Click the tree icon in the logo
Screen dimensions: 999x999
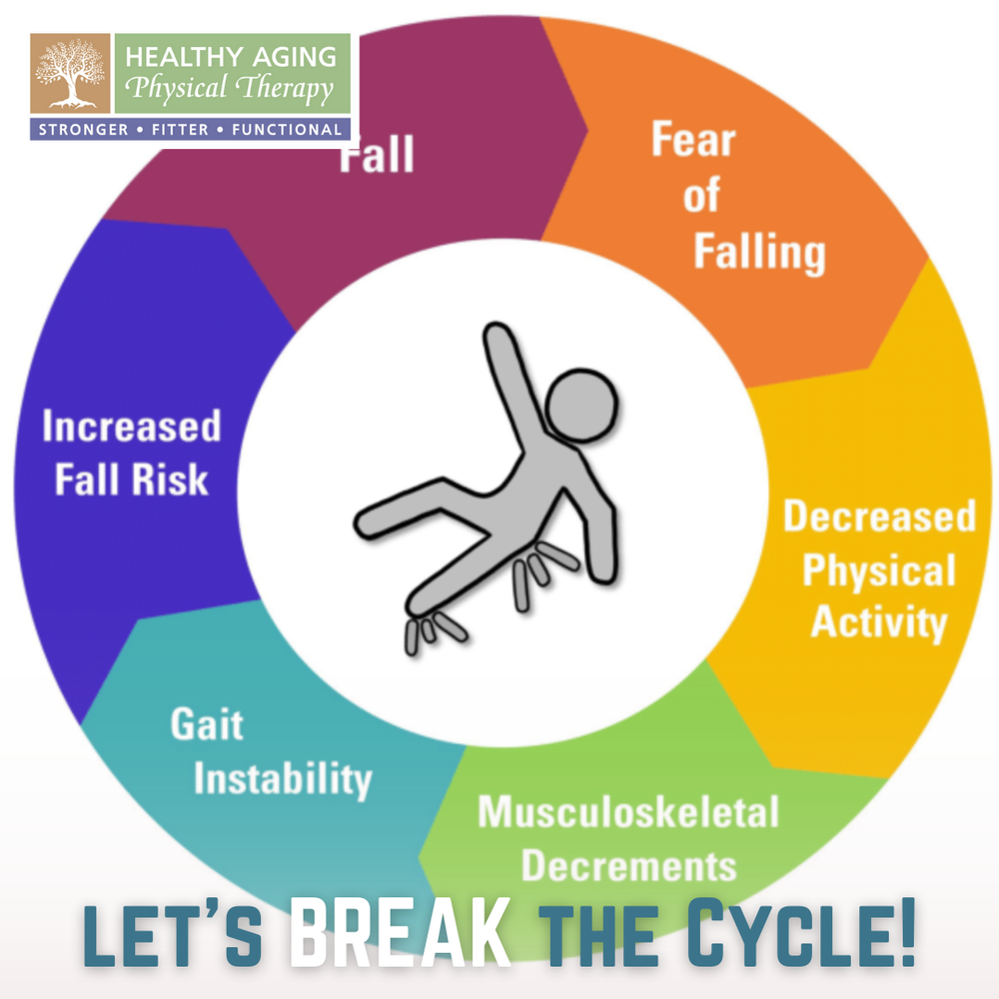click(x=71, y=74)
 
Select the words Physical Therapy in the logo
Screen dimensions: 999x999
click(x=233, y=90)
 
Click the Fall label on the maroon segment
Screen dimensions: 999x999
click(x=377, y=156)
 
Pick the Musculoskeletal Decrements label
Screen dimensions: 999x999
click(x=628, y=837)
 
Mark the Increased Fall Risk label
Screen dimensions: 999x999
click(x=131, y=453)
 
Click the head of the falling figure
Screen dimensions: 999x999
click(x=581, y=406)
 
